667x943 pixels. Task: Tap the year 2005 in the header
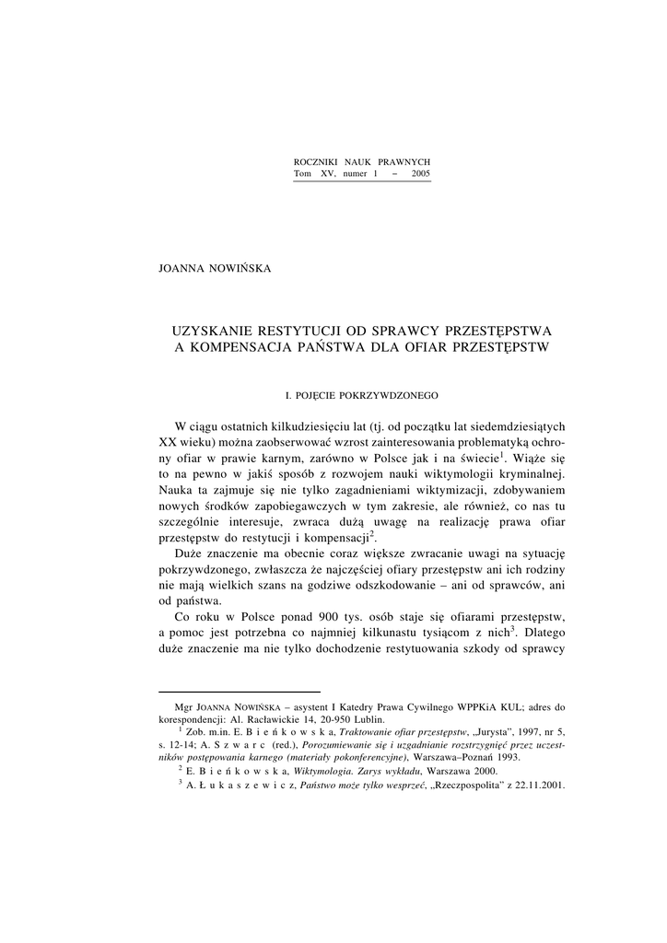pos(421,173)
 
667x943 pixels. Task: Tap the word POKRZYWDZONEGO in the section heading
pos(389,395)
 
